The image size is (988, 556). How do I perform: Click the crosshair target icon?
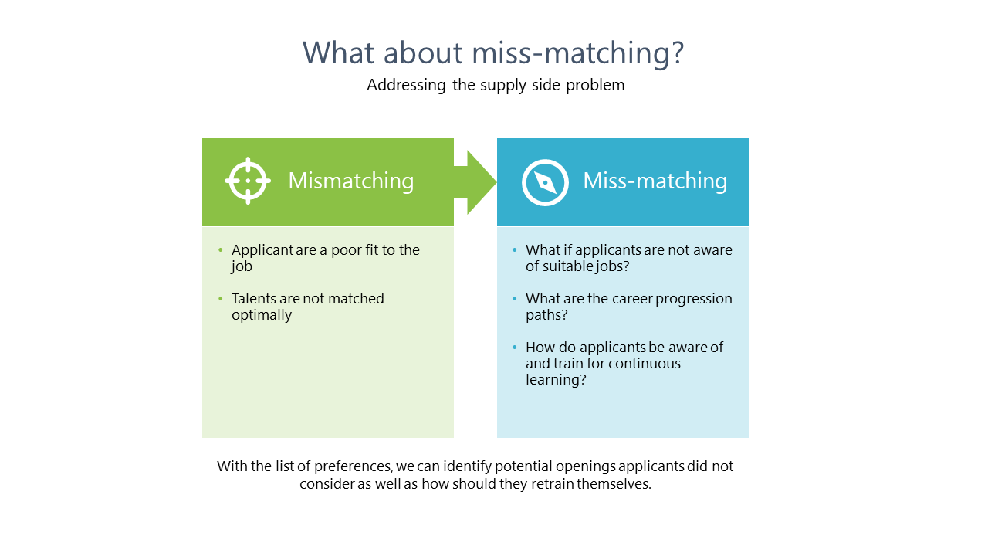click(248, 181)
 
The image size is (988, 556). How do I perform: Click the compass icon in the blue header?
click(545, 182)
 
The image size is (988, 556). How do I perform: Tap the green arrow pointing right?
click(475, 182)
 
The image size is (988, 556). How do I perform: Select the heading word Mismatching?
click(350, 181)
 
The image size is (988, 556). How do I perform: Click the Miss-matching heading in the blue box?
click(655, 181)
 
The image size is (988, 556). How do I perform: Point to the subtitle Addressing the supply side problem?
click(496, 85)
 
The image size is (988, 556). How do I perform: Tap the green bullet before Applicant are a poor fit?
click(220, 250)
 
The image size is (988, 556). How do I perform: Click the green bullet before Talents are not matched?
click(220, 299)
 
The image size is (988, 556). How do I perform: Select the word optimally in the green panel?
click(262, 315)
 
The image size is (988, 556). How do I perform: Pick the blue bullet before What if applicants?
click(515, 250)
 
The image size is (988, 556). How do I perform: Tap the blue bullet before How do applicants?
click(515, 347)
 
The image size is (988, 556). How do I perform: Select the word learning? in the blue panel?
click(556, 380)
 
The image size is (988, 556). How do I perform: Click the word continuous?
click(644, 364)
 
